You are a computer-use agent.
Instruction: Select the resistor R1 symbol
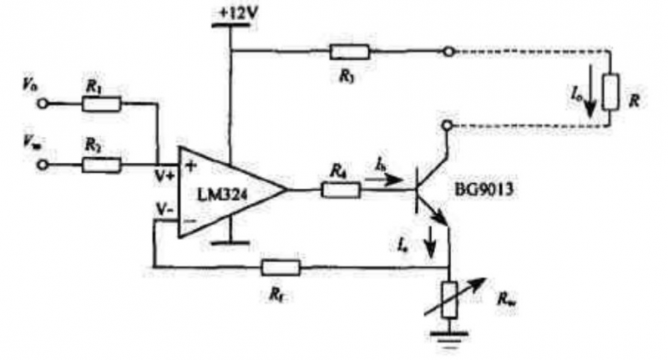102,103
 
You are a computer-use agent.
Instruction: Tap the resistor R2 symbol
102,164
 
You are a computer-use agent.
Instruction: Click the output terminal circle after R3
448,52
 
